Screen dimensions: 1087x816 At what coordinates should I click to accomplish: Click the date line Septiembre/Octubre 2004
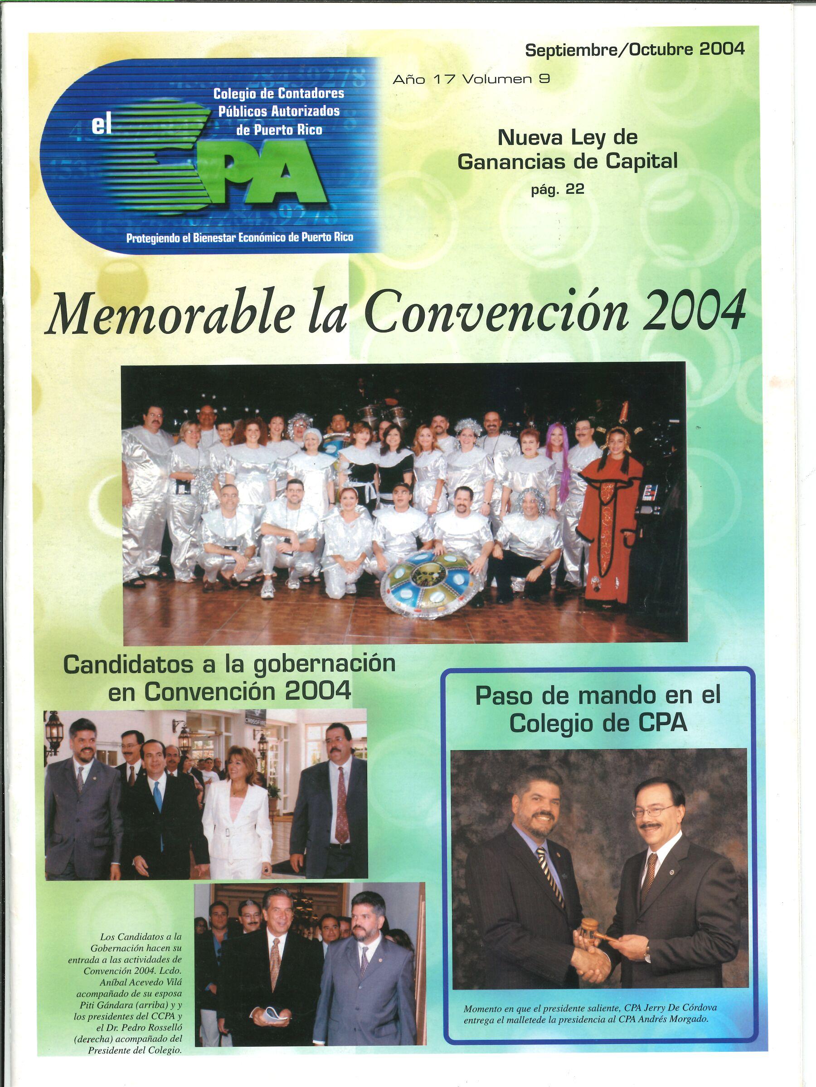point(635,50)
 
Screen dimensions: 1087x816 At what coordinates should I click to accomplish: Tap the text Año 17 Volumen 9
point(471,79)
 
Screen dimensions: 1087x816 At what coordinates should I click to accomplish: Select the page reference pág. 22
point(558,190)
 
